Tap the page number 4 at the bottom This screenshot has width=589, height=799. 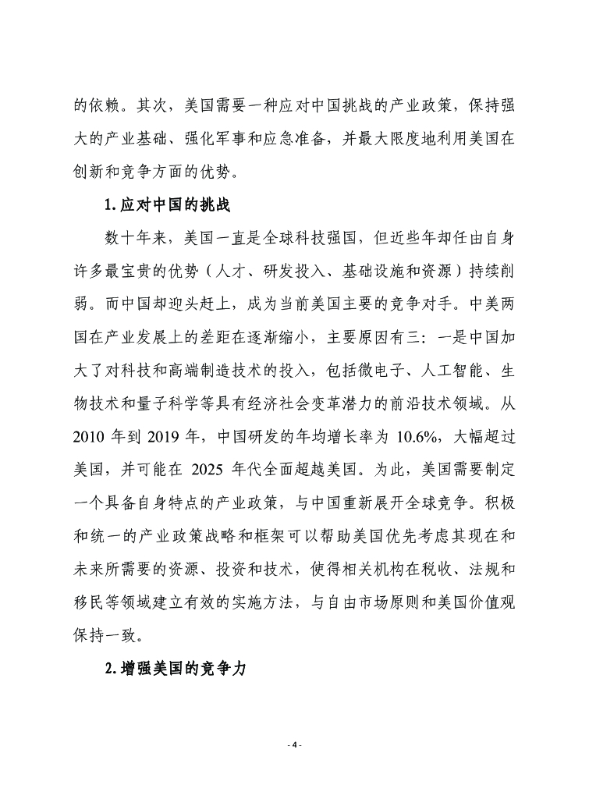[294, 745]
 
